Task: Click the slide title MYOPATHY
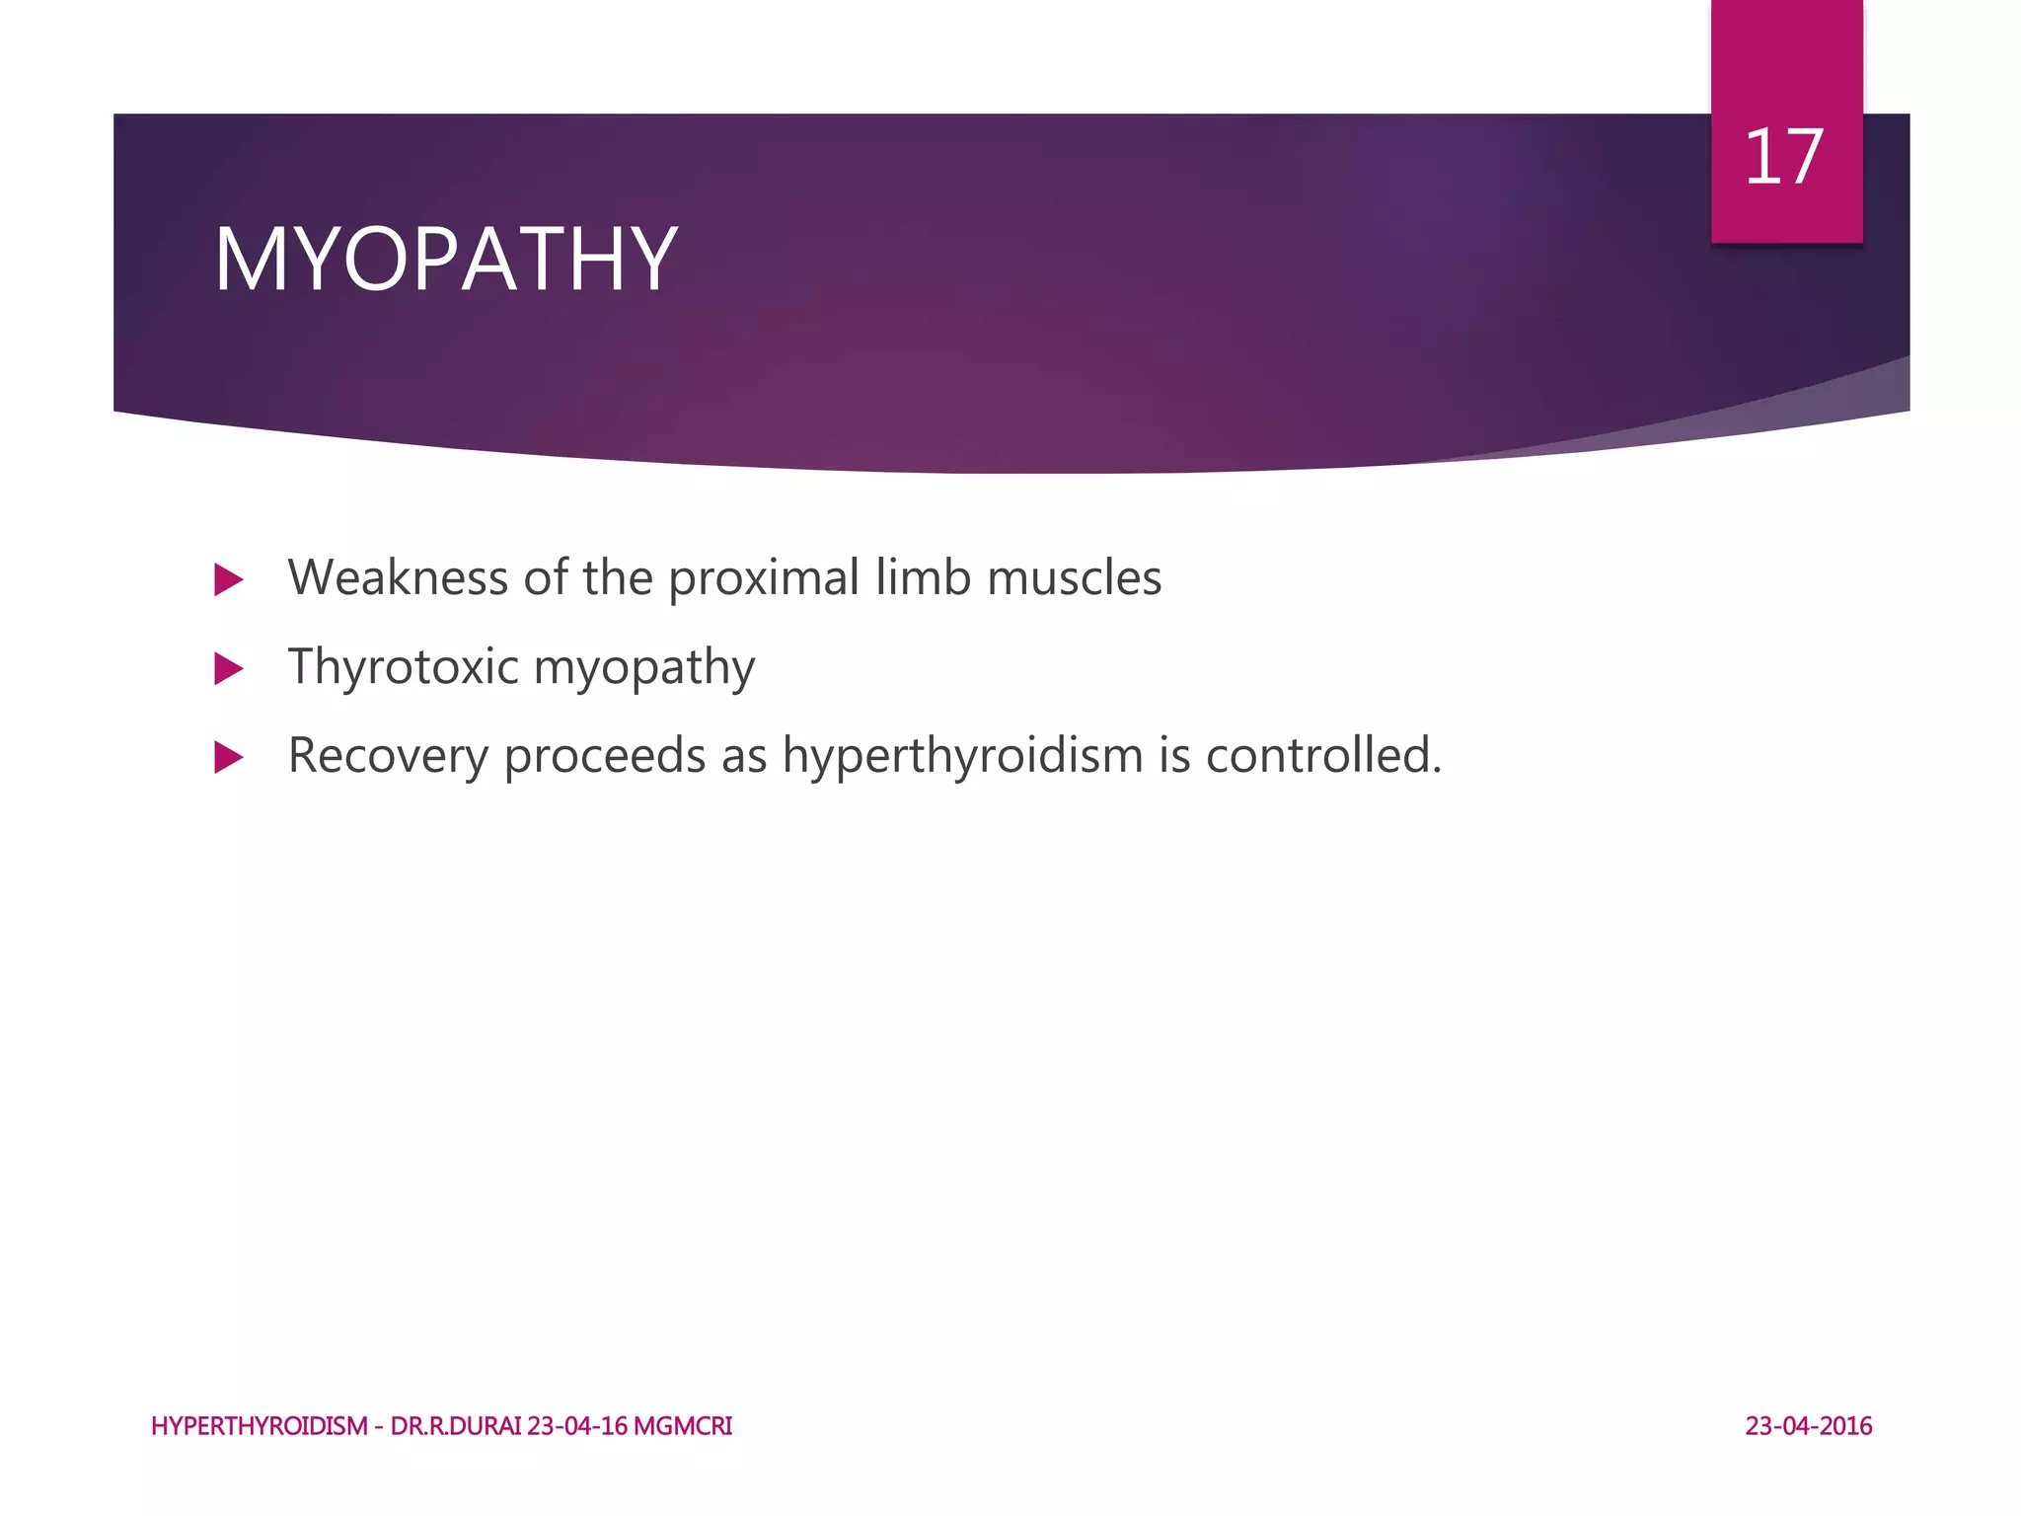(x=445, y=260)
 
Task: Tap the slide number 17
(x=1783, y=157)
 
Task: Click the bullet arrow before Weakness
(x=228, y=579)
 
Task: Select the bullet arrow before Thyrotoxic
(x=228, y=669)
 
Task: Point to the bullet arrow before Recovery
(x=228, y=758)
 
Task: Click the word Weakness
(x=397, y=577)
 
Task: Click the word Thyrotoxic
(x=403, y=667)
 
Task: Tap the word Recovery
(x=388, y=756)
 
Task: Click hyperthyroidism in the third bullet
(x=962, y=757)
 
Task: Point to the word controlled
(x=1322, y=756)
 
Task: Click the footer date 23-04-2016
(x=1808, y=1426)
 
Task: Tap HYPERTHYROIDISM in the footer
(x=260, y=1426)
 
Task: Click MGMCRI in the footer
(x=682, y=1426)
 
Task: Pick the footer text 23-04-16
(x=576, y=1426)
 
